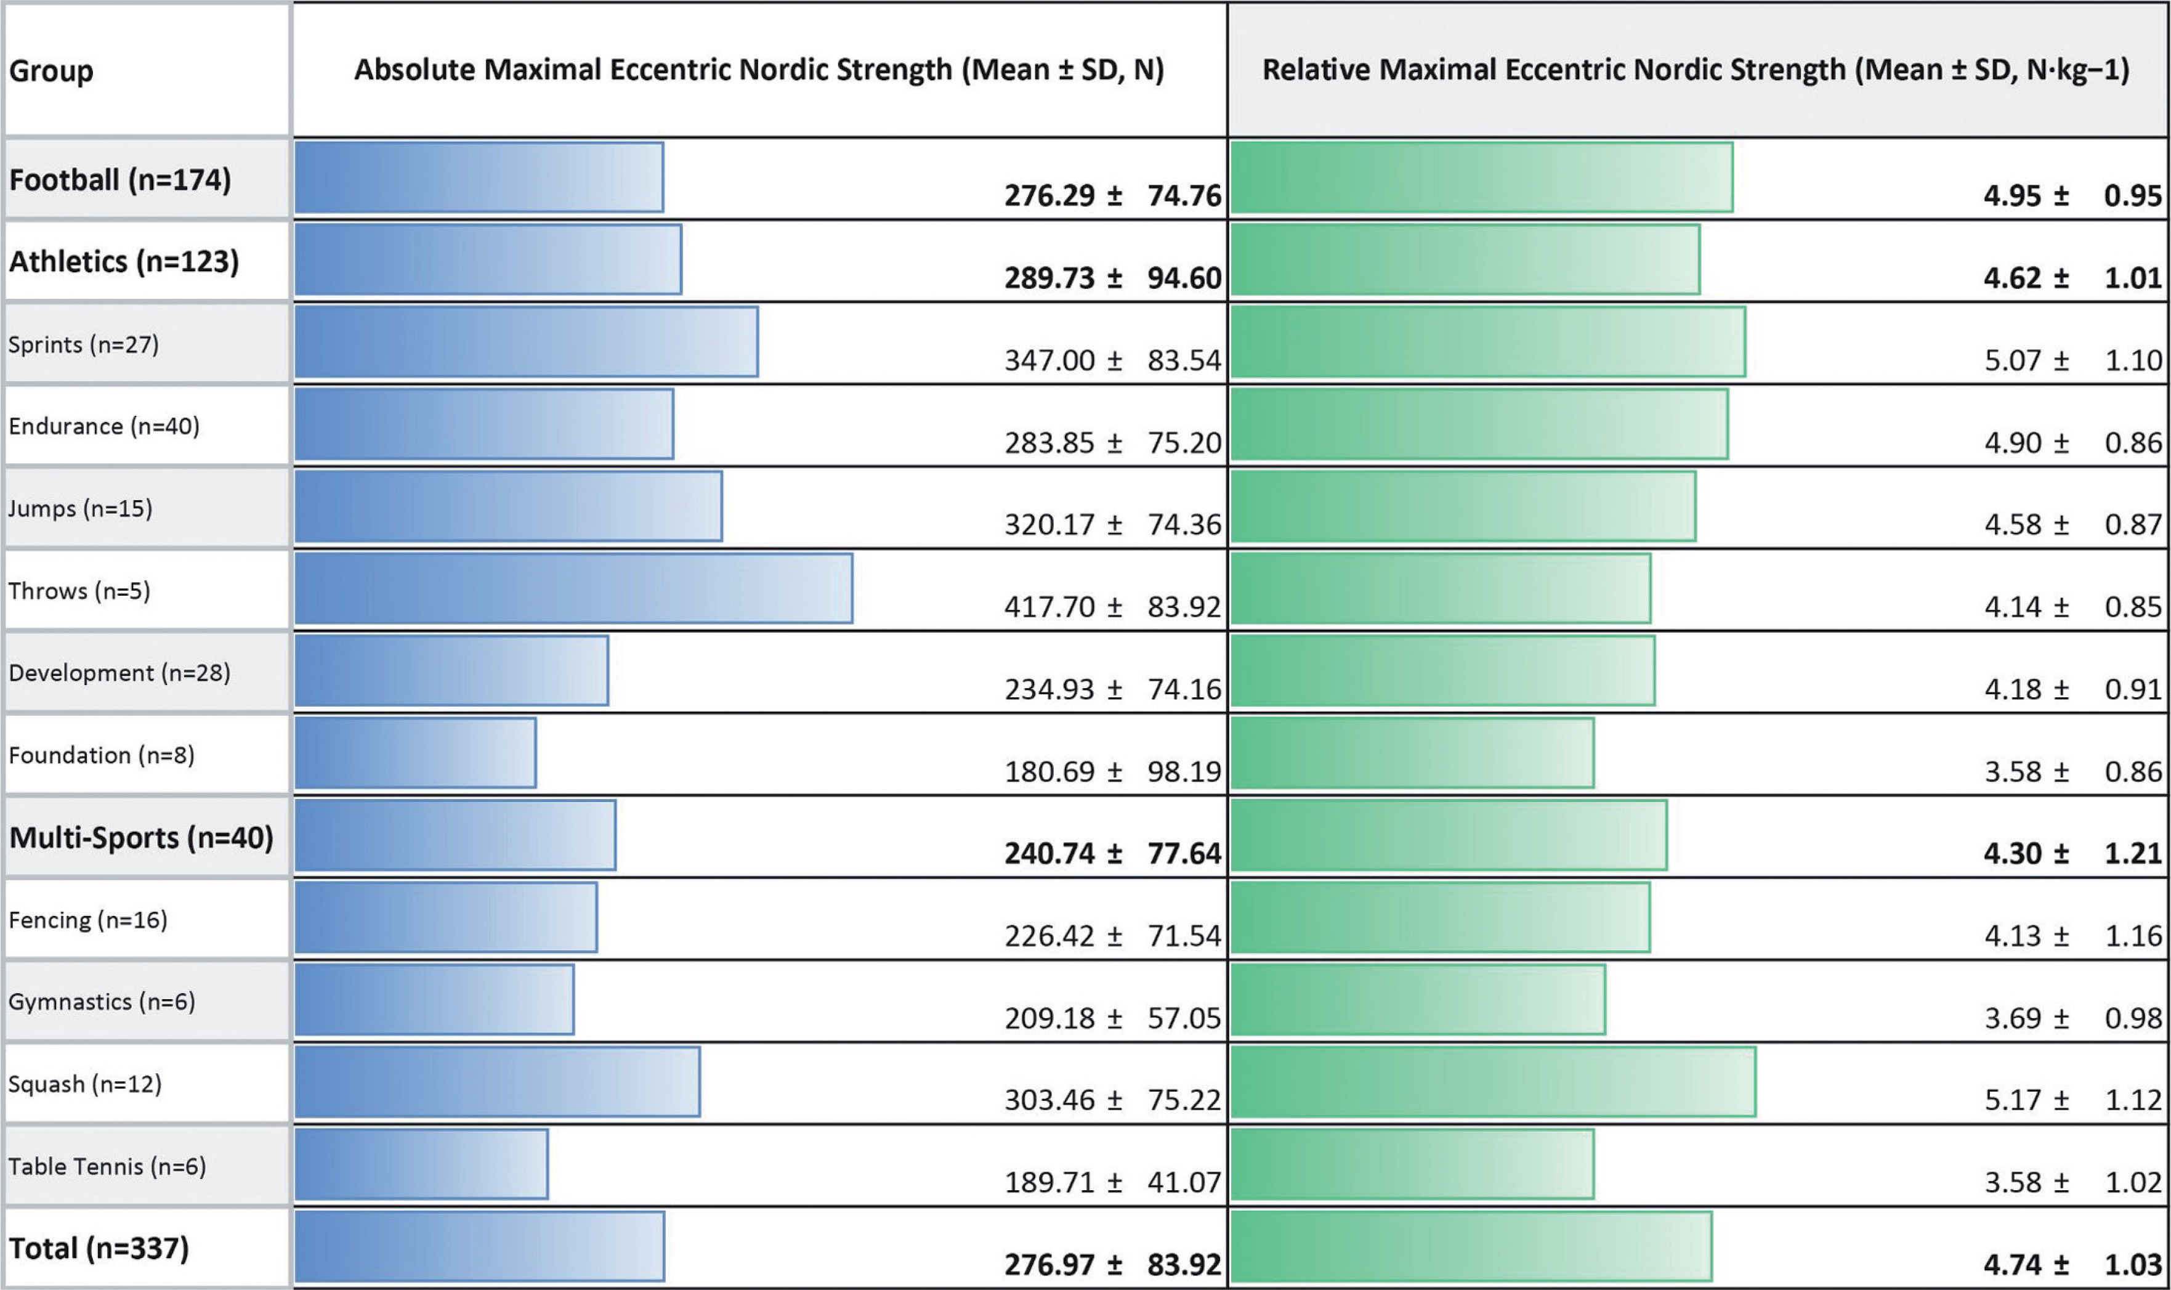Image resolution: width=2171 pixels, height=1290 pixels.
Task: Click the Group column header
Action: click(x=51, y=70)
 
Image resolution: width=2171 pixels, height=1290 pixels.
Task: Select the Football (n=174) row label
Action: click(x=120, y=180)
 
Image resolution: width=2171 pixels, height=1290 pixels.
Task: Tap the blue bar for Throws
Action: click(x=573, y=588)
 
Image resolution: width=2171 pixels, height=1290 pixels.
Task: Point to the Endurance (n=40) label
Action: click(x=103, y=426)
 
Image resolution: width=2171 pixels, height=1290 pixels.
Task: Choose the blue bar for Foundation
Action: click(x=416, y=753)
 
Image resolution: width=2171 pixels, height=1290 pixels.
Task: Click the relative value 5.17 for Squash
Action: click(x=2012, y=1100)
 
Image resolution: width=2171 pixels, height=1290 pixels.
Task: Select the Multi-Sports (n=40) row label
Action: click(x=141, y=837)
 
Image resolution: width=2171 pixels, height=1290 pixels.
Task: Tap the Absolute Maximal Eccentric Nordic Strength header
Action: click(x=759, y=70)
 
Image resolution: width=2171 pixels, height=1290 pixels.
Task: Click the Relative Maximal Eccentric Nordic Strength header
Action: click(x=1696, y=70)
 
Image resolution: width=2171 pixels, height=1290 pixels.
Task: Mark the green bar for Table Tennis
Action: click(x=1412, y=1164)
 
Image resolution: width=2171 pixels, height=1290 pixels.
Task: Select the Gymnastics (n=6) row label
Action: click(x=102, y=1002)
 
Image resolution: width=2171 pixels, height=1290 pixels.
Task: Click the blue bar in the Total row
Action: click(x=480, y=1246)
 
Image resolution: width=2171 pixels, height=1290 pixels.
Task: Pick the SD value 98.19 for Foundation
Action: click(x=1184, y=771)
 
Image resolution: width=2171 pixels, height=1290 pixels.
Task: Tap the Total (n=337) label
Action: click(x=98, y=1248)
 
